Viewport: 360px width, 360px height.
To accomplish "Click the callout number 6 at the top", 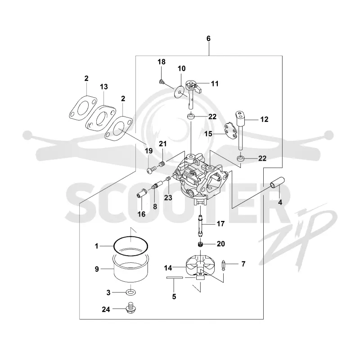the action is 208,39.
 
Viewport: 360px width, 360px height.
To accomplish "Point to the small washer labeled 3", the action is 130,292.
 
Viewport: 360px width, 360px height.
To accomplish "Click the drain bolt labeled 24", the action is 131,308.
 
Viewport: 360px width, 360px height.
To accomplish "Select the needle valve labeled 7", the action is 223,265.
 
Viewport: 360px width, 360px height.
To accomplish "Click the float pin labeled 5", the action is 175,278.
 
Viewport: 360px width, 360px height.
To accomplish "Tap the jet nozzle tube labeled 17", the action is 200,225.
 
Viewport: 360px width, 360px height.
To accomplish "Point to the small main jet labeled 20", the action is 201,244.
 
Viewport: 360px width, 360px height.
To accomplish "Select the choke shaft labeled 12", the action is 240,130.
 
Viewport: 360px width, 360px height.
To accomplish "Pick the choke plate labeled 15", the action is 230,130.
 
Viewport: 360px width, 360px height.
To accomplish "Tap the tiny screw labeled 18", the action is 162,81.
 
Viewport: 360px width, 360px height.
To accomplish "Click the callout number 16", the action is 141,214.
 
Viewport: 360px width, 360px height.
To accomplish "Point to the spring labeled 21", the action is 162,165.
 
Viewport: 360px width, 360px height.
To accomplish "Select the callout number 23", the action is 168,198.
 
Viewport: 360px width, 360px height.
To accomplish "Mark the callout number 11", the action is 215,84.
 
